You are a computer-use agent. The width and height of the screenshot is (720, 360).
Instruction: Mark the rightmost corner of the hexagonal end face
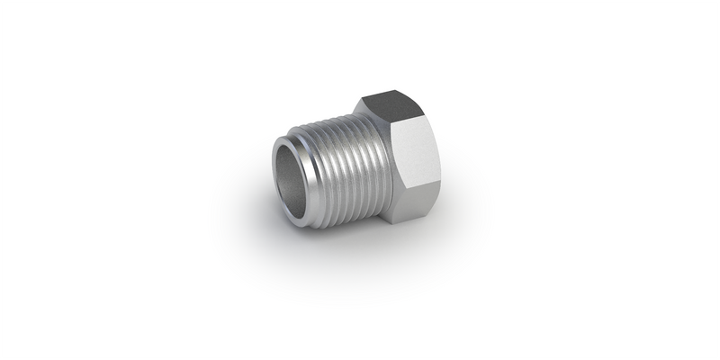(x=442, y=171)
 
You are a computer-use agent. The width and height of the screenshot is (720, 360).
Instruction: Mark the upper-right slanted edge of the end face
(x=433, y=142)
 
